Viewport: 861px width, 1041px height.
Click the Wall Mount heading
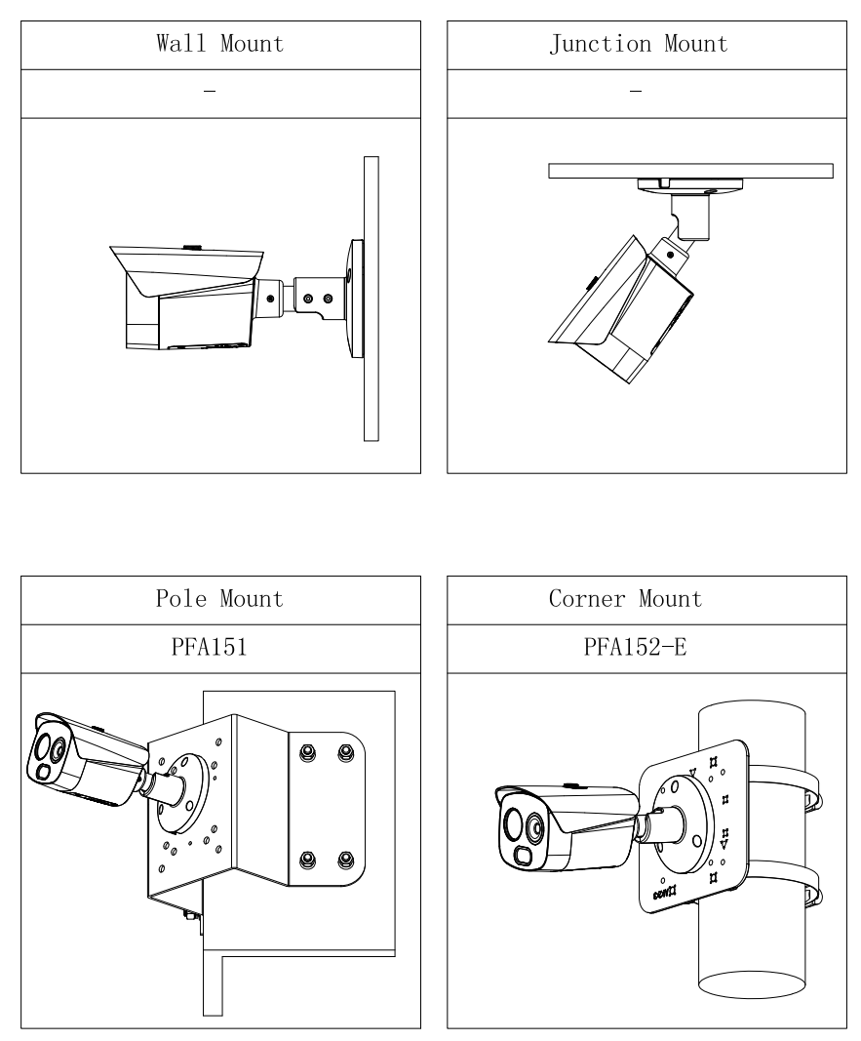220,44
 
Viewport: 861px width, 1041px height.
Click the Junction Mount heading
637,44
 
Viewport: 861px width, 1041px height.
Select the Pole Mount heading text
220,598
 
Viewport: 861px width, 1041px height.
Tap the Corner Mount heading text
639,598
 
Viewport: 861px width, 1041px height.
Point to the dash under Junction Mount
637,91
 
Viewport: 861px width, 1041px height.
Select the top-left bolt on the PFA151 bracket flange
308,753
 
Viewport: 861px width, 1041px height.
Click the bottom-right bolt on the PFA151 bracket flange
344,860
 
